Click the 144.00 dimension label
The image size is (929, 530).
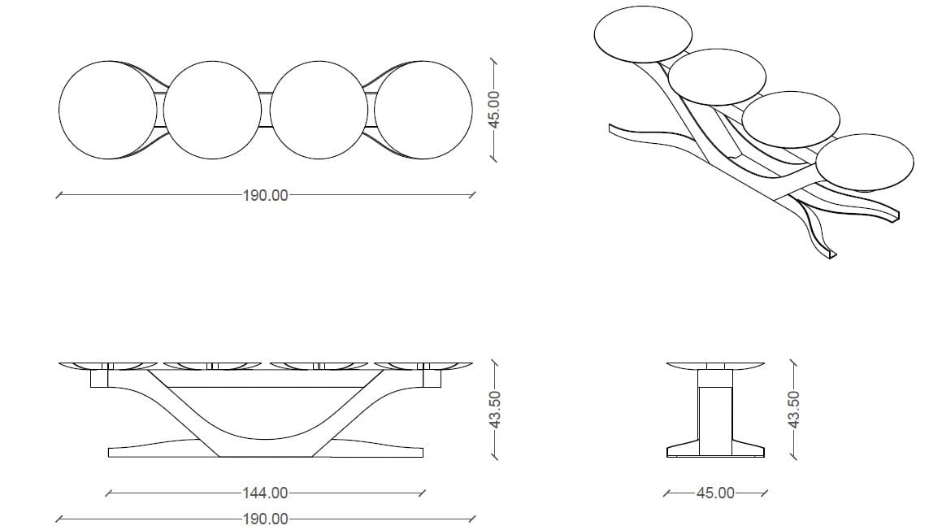coord(266,493)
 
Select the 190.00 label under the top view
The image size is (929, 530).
coord(266,195)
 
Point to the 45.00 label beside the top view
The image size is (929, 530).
coord(494,109)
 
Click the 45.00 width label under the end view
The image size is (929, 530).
coord(715,493)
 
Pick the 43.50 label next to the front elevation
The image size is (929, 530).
coord(495,409)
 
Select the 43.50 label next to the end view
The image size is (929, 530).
coord(794,409)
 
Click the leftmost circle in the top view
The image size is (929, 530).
coord(108,110)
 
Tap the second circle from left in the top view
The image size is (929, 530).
coord(212,110)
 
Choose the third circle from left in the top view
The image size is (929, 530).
coord(318,110)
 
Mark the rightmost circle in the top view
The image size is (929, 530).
coord(423,110)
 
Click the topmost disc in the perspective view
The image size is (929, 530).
coord(643,34)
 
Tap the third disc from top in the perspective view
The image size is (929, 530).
coord(791,119)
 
